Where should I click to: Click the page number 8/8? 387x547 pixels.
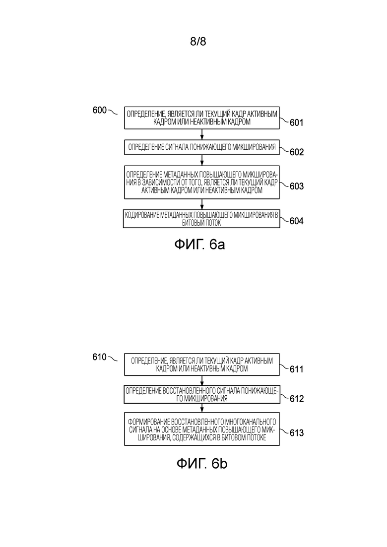pyautogui.click(x=198, y=42)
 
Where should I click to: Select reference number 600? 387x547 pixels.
pyautogui.click(x=99, y=110)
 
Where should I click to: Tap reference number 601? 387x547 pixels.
pyautogui.click(x=297, y=122)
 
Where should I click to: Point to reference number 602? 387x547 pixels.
pyautogui.click(x=297, y=152)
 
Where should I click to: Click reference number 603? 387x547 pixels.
pyautogui.click(x=297, y=186)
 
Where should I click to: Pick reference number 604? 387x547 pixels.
pyautogui.click(x=297, y=221)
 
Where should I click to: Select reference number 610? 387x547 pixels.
pyautogui.click(x=99, y=357)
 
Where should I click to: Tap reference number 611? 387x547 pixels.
pyautogui.click(x=297, y=369)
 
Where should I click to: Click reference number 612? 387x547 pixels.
pyautogui.click(x=297, y=399)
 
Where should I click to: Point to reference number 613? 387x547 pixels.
pyautogui.click(x=297, y=433)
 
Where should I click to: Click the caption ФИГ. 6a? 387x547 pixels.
pyautogui.click(x=199, y=244)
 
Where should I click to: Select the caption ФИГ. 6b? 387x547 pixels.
pyautogui.click(x=202, y=464)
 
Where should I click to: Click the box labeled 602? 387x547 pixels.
pyautogui.click(x=202, y=147)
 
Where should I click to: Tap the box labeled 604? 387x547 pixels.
pyautogui.click(x=202, y=219)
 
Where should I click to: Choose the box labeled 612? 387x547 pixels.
pyautogui.click(x=202, y=395)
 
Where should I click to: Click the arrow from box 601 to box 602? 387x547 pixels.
pyautogui.click(x=202, y=135)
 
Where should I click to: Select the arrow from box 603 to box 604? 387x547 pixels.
pyautogui.click(x=202, y=204)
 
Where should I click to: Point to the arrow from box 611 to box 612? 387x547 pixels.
pyautogui.click(x=202, y=380)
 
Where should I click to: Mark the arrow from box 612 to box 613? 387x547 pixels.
pyautogui.click(x=202, y=408)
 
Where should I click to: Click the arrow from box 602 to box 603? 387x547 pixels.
pyautogui.click(x=202, y=160)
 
